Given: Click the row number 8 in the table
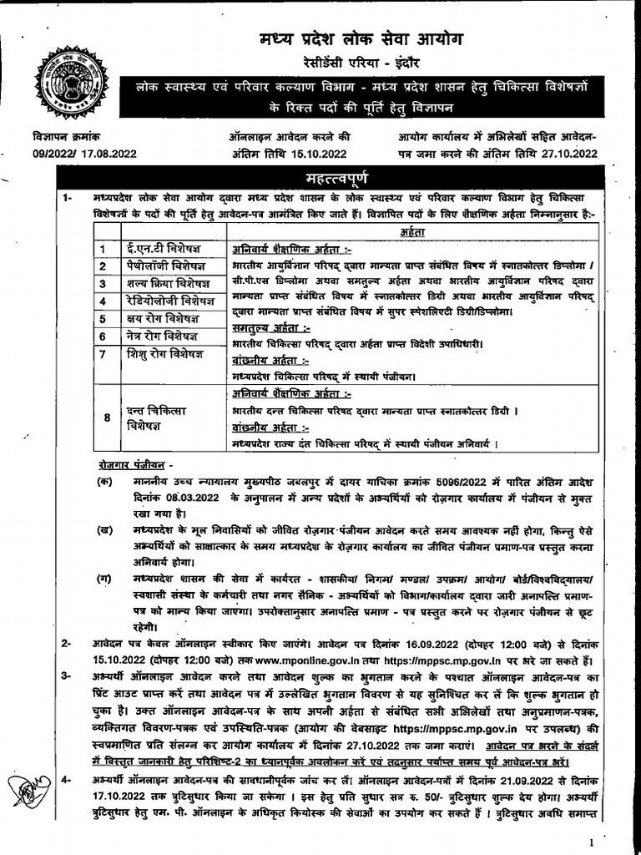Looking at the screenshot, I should [106, 417].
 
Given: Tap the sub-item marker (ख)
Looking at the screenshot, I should [105, 530].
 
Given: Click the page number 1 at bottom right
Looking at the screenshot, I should [591, 842].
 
